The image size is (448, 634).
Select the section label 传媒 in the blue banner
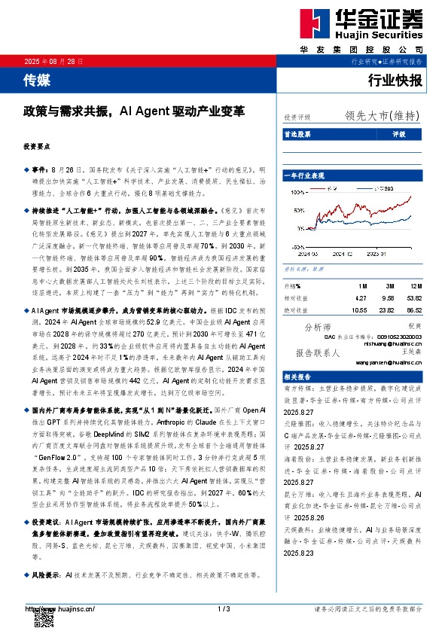(x=35, y=78)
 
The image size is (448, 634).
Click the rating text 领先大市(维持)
(x=382, y=116)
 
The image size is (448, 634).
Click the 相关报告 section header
(x=298, y=376)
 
